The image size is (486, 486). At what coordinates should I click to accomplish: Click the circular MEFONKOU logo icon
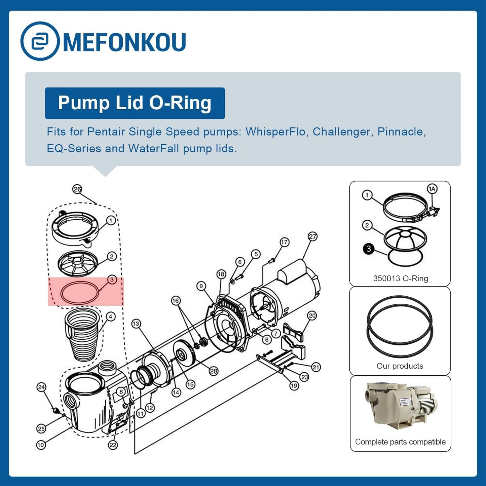(x=40, y=41)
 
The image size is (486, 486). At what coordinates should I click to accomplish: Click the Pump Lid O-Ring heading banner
(x=135, y=103)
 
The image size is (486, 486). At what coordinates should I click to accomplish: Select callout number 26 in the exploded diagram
(x=77, y=189)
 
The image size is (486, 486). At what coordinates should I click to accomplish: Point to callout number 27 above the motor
(x=312, y=236)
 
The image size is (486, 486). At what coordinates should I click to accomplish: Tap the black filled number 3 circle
(x=369, y=249)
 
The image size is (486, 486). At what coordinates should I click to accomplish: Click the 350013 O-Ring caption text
(x=401, y=278)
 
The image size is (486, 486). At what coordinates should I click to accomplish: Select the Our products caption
(x=400, y=366)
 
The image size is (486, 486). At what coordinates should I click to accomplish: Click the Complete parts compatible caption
(x=400, y=442)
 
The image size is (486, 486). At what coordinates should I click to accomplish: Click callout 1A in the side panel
(x=432, y=189)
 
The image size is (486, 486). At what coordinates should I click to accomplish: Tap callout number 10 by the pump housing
(x=41, y=452)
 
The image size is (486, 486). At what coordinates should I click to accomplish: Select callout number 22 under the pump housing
(x=113, y=452)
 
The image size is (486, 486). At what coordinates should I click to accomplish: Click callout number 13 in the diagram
(x=136, y=324)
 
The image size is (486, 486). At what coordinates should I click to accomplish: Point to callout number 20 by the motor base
(x=312, y=315)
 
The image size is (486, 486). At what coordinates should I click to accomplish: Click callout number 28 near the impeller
(x=214, y=371)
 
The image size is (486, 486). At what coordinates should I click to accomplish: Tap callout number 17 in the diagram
(x=284, y=242)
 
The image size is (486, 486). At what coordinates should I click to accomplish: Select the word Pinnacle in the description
(x=402, y=132)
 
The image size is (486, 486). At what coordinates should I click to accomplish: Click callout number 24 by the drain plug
(x=41, y=387)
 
